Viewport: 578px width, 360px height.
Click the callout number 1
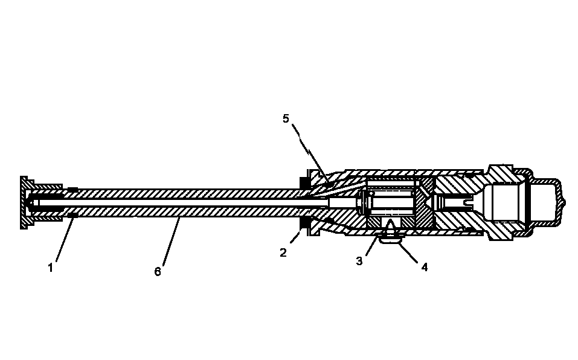(51, 268)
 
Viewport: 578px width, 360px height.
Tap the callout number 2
(283, 252)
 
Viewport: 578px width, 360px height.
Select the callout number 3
(359, 261)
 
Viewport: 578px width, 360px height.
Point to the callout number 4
(424, 267)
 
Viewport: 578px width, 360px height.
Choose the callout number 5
(286, 118)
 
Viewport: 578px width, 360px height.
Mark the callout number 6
(158, 272)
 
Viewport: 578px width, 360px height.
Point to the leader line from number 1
(66, 239)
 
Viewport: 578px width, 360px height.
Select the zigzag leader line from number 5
(310, 152)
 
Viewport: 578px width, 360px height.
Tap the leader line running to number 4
(407, 252)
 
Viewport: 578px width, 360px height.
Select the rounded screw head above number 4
(390, 240)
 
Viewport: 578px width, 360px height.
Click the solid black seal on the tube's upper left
(72, 190)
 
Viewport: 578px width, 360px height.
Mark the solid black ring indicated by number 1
(72, 215)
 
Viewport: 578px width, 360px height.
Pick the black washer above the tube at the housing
(305, 183)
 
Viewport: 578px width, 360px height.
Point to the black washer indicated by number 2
(305, 223)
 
